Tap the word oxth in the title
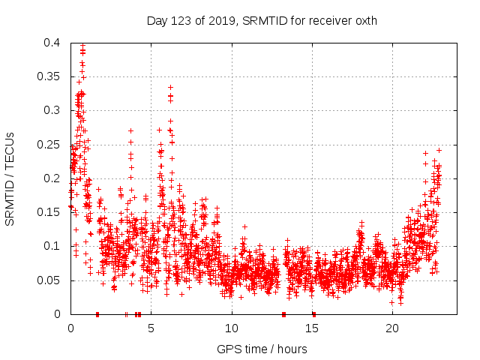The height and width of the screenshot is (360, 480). point(364,20)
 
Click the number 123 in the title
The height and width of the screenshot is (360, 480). point(179,20)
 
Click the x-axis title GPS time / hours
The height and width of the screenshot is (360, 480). point(262,349)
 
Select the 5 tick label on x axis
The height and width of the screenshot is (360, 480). point(151,328)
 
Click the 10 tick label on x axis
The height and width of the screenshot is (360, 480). point(232,328)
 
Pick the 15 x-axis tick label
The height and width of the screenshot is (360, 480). point(312,328)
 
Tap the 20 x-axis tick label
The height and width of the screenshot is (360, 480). point(393,328)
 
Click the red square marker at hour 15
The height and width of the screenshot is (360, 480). point(313,314)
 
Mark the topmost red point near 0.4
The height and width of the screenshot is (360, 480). point(82,46)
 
